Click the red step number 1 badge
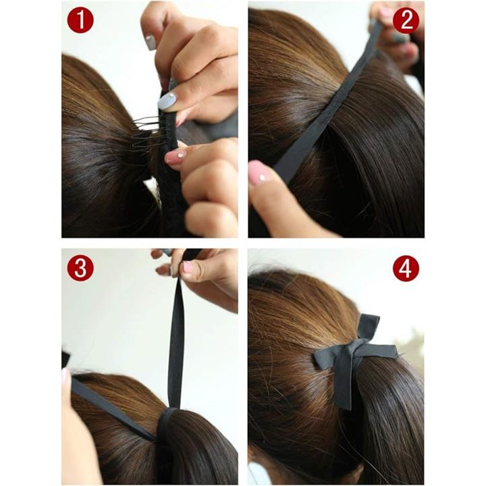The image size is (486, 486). (80, 20)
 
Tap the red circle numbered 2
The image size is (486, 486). (406, 20)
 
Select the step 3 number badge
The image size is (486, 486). (80, 268)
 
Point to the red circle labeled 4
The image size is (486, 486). (406, 268)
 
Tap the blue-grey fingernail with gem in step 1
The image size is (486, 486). (167, 101)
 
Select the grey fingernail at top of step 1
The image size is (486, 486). (151, 42)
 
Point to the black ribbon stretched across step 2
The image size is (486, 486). (328, 103)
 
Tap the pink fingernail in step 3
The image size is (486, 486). (188, 267)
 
